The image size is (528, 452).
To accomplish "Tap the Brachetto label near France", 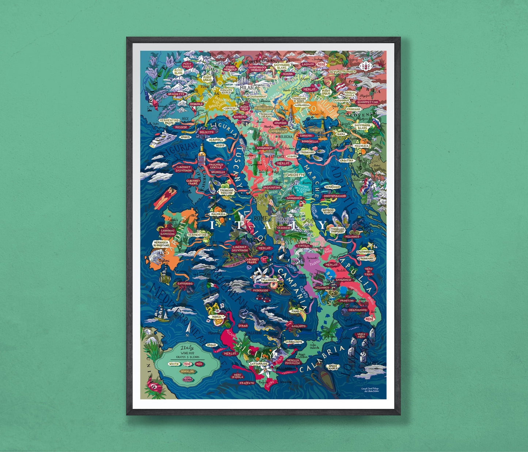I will [176, 94].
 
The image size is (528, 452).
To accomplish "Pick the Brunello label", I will [218, 172].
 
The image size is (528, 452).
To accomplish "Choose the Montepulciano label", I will [333, 196].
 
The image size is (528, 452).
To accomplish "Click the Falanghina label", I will [269, 280].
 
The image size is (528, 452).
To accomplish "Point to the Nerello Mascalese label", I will [293, 362].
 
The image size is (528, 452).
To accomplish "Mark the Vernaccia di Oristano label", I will [161, 244].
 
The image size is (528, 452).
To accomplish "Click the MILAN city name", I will [247, 88].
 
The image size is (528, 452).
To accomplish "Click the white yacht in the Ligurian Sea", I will [162, 138].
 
